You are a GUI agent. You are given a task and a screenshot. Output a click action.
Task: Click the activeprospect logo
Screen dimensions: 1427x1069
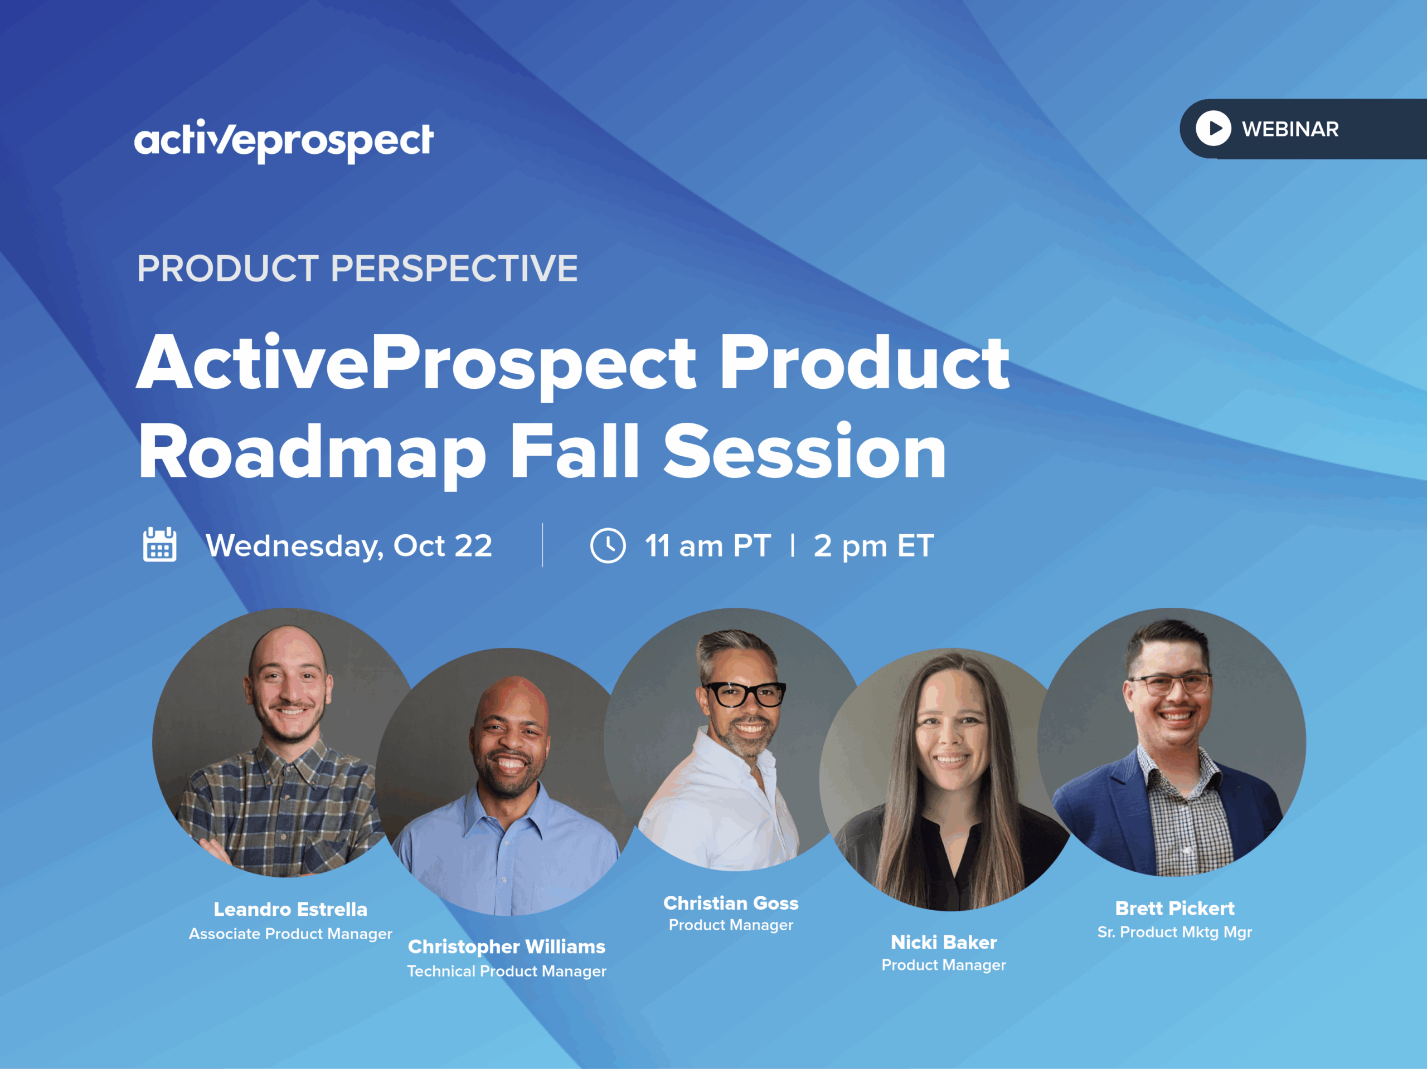284,140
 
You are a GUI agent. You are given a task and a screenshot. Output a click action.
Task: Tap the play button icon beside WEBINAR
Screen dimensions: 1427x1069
1214,128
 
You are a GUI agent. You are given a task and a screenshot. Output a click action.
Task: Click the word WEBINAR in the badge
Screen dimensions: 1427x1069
1290,129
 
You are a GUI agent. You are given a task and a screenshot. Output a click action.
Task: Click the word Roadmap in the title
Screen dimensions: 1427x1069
312,453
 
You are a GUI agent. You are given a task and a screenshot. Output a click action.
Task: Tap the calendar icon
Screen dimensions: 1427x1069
159,545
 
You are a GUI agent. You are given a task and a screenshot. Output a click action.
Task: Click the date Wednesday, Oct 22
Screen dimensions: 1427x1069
349,546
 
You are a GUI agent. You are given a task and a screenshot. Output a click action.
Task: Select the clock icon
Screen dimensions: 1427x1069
608,545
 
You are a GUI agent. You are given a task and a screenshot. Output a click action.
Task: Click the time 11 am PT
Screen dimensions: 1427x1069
708,546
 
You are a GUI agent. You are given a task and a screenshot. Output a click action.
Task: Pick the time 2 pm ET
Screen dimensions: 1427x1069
873,546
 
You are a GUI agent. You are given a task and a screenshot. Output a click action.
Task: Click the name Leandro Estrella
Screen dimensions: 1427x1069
290,909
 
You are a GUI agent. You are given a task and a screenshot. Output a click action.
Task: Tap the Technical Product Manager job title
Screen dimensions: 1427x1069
506,971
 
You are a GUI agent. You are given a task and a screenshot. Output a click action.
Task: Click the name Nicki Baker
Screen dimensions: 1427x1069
944,943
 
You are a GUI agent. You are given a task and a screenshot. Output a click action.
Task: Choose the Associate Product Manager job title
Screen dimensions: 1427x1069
290,934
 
